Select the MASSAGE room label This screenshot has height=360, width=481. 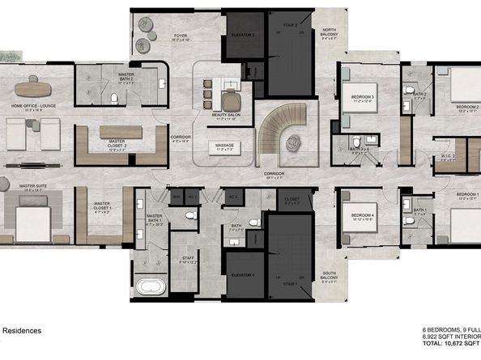223,146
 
